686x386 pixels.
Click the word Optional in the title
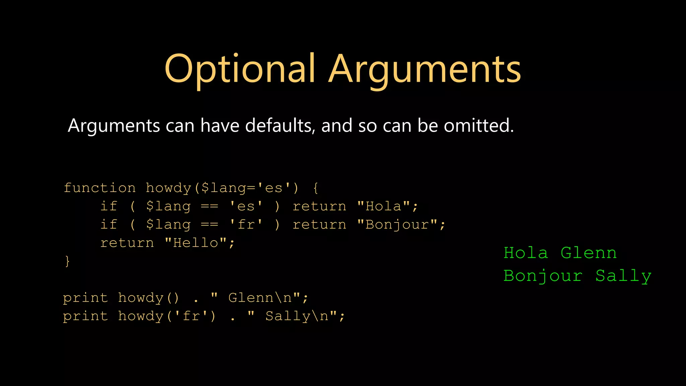click(240, 69)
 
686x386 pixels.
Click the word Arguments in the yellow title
click(425, 69)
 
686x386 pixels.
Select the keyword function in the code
click(100, 188)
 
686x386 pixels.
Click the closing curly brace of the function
click(67, 261)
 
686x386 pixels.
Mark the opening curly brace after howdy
click(316, 188)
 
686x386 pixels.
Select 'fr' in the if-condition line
click(246, 225)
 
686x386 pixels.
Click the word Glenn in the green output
click(589, 253)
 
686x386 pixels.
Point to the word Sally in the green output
click(623, 276)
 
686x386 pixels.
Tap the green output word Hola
click(526, 253)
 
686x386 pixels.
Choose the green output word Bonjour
click(543, 276)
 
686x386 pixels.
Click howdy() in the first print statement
click(149, 298)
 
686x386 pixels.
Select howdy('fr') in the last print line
click(167, 316)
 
